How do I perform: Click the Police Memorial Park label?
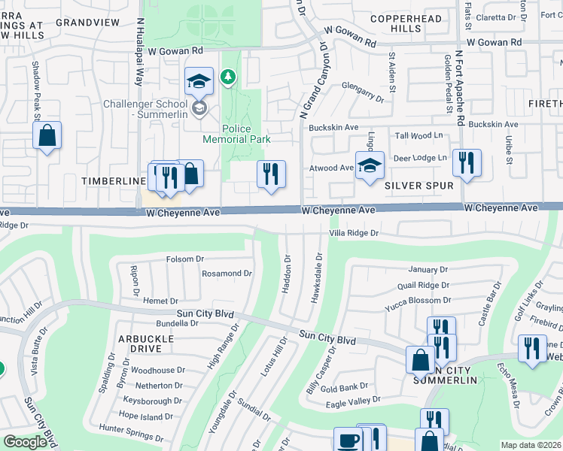tap(236, 134)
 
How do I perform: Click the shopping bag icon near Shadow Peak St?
tap(47, 136)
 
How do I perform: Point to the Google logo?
tap(25, 442)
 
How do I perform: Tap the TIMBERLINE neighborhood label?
tap(114, 181)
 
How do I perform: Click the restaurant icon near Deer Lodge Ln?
tap(467, 162)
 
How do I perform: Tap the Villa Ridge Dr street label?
tap(353, 233)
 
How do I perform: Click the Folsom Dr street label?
tap(185, 259)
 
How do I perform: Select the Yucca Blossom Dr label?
tap(417, 300)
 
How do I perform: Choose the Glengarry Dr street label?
tap(363, 88)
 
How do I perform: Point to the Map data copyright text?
tap(531, 445)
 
